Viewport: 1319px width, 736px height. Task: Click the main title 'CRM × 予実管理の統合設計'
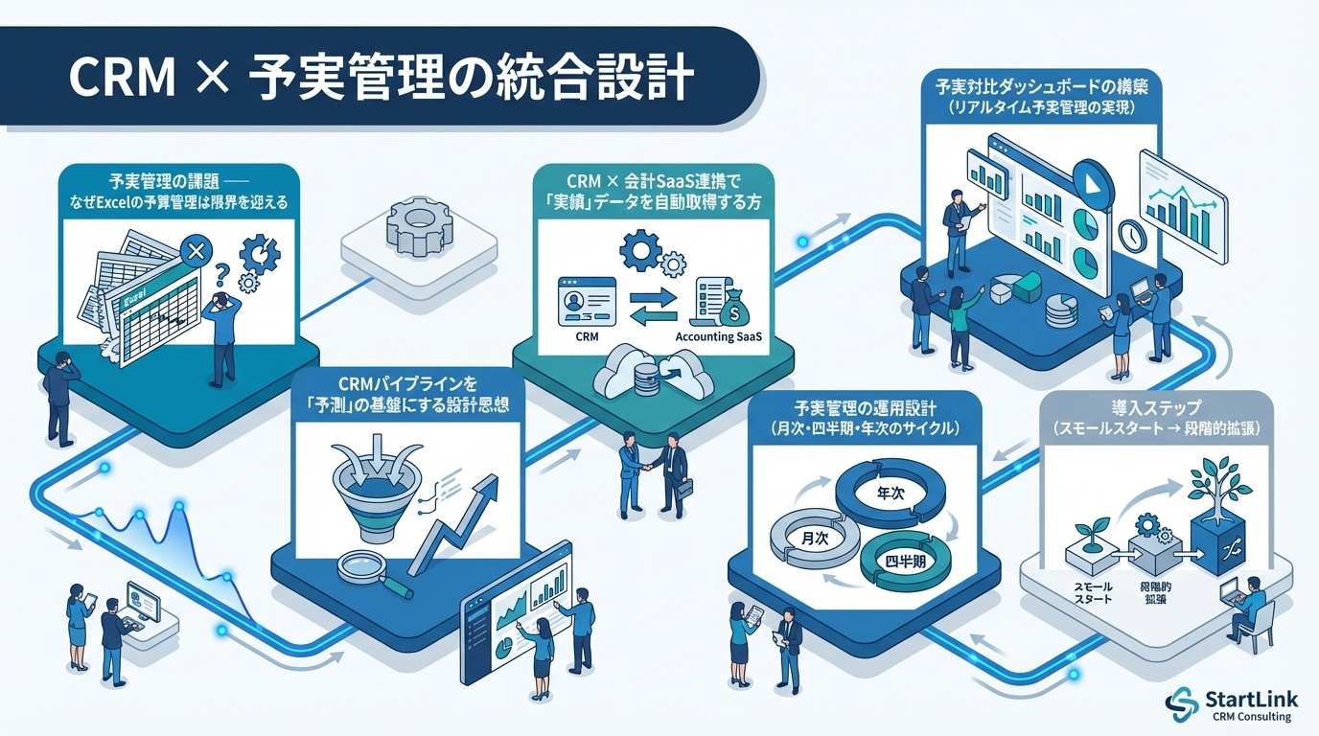[381, 79]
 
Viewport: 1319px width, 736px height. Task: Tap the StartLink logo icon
[1181, 704]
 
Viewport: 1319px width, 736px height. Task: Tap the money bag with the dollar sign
[736, 309]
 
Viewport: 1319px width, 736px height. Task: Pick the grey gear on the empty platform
[416, 227]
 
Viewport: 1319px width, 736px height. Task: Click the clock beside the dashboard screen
[1135, 233]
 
